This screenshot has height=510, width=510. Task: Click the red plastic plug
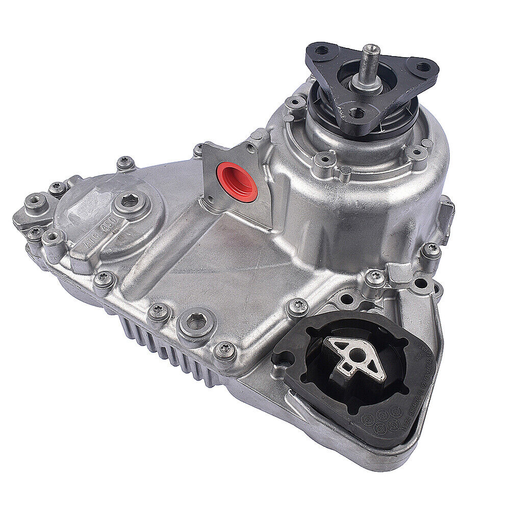[236, 182]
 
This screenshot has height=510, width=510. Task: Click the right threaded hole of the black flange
[422, 67]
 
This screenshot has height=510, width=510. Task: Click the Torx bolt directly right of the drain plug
[224, 349]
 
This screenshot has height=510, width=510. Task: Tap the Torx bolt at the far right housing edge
[431, 249]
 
